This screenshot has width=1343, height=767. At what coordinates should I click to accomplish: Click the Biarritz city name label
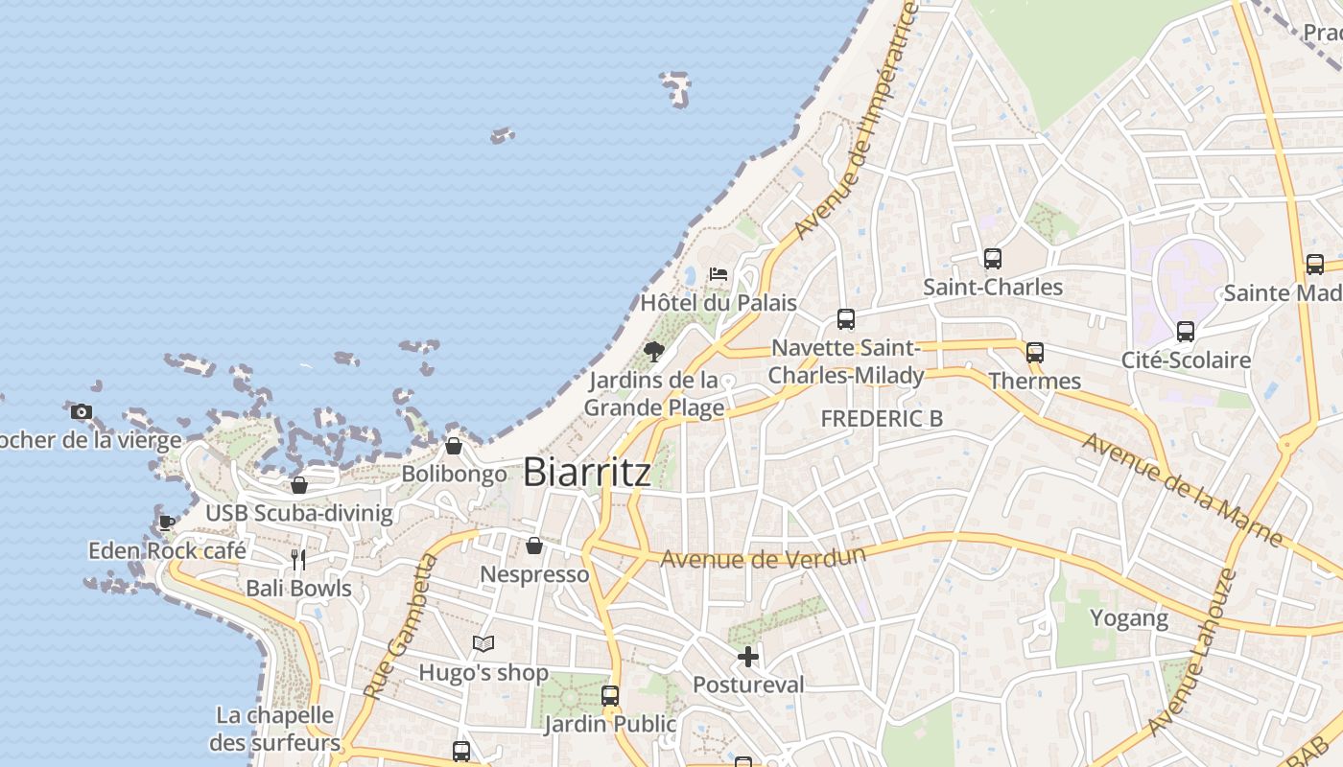[x=587, y=472]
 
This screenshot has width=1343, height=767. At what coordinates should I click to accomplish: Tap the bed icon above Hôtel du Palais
[x=718, y=274]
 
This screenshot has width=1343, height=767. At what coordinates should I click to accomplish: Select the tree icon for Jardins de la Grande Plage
[x=654, y=351]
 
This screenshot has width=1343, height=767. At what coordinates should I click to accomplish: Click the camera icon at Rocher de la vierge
[x=82, y=412]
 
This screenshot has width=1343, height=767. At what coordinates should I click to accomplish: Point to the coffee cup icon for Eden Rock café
[x=167, y=523]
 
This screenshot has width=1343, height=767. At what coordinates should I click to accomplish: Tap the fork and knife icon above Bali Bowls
[x=298, y=559]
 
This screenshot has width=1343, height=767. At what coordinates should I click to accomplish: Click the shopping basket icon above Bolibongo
[x=454, y=446]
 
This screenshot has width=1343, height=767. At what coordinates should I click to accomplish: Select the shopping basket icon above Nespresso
[x=534, y=546]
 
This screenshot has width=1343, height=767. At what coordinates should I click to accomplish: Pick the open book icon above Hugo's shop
[x=483, y=644]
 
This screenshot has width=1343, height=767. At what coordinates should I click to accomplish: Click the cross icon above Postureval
[x=748, y=657]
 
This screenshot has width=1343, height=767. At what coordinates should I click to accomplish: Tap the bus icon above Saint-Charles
[x=993, y=259]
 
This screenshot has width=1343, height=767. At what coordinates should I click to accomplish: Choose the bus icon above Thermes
[x=1035, y=353]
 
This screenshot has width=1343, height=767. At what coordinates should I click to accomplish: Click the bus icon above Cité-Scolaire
[x=1186, y=332]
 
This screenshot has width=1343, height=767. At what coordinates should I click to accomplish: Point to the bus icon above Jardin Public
[x=610, y=696]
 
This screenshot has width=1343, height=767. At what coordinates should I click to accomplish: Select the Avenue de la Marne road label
[x=1182, y=489]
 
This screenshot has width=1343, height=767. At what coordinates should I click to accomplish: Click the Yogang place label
[x=1129, y=618]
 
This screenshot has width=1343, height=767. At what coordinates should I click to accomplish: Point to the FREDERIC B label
[x=882, y=419]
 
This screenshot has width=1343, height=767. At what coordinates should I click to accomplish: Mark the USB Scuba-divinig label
[x=299, y=513]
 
